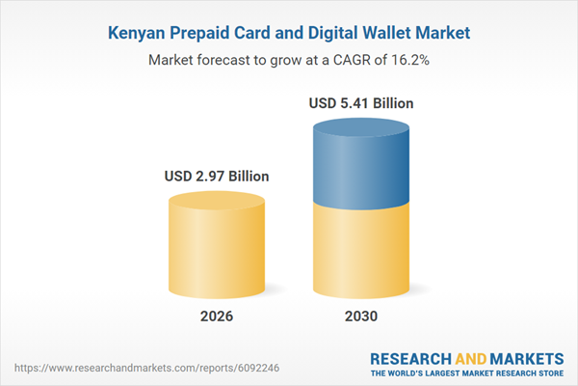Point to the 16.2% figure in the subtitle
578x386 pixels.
coord(408,60)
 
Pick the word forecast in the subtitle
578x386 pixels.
coord(229,60)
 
